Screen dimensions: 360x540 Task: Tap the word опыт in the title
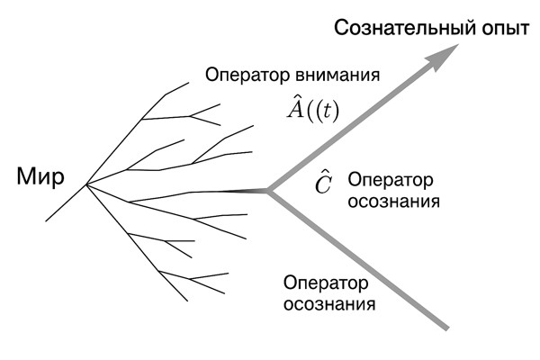(499, 28)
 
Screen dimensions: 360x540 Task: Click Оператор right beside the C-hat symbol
(389, 179)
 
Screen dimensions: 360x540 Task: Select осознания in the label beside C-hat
(393, 201)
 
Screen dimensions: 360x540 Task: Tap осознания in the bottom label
(329, 304)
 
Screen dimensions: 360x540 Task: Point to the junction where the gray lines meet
(269, 190)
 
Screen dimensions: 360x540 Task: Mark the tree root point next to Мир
(86, 184)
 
